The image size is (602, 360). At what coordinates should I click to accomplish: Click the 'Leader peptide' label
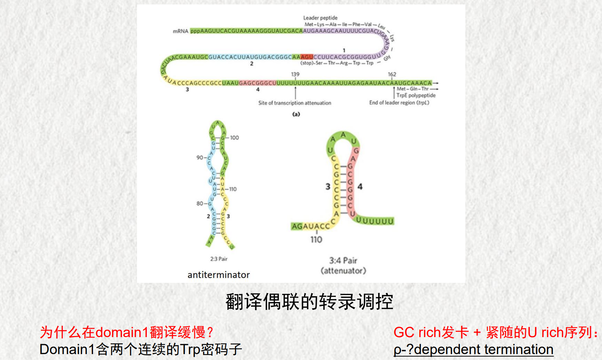click(x=320, y=18)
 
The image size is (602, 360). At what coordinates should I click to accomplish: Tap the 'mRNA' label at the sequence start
click(x=180, y=31)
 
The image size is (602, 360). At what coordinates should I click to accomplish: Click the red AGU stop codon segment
click(x=307, y=57)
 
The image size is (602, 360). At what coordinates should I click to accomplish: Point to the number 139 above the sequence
click(x=295, y=74)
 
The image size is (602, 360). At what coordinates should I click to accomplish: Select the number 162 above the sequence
click(x=392, y=74)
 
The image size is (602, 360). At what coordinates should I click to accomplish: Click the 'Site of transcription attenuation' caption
click(x=294, y=103)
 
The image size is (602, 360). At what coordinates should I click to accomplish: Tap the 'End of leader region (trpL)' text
click(x=399, y=103)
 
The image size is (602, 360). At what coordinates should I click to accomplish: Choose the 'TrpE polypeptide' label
click(x=416, y=95)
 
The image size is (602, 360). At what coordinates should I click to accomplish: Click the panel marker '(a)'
click(x=296, y=114)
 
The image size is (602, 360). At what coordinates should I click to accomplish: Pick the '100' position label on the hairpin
click(x=235, y=138)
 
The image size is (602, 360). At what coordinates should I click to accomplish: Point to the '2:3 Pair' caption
click(x=219, y=259)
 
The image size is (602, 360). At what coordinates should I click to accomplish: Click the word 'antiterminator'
click(x=219, y=275)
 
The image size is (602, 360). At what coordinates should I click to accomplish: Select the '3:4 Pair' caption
click(x=343, y=260)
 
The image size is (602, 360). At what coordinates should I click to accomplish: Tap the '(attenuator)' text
click(x=343, y=271)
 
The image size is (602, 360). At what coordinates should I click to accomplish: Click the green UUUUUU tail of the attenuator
click(x=375, y=221)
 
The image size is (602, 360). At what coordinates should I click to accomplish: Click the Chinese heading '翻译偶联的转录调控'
click(x=309, y=302)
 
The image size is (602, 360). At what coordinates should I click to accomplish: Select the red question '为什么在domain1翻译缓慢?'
click(x=126, y=332)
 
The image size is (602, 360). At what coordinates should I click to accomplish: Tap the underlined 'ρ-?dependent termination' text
click(x=473, y=349)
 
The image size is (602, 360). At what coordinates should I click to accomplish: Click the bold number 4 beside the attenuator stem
click(x=360, y=186)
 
